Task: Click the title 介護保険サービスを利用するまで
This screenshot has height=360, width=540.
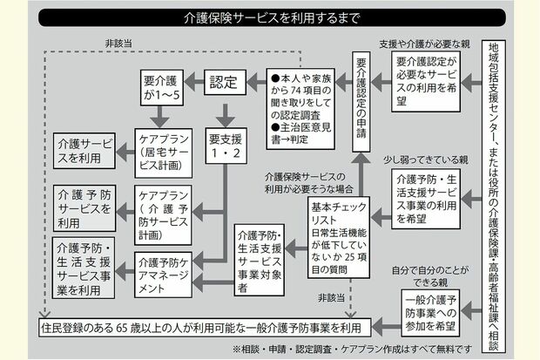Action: click(x=269, y=17)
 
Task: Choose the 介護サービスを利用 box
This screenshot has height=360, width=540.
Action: click(x=84, y=150)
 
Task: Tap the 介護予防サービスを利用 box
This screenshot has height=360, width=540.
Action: click(x=84, y=205)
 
